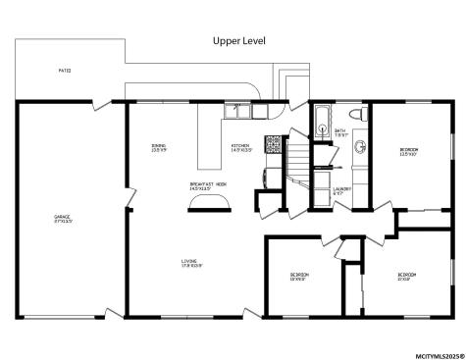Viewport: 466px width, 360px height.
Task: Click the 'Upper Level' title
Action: coord(239,40)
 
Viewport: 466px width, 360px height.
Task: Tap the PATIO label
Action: coord(65,71)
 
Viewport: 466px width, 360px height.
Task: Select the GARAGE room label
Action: coord(63,218)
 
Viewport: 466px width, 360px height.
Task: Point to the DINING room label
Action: coord(158,147)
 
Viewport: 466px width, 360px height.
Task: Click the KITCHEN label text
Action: coord(241,147)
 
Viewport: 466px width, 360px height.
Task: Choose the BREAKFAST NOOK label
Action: coord(208,184)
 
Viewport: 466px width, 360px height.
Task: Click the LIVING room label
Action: coord(191,263)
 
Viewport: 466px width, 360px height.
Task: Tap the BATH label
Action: coord(340,131)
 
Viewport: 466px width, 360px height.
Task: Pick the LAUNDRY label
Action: coord(341,190)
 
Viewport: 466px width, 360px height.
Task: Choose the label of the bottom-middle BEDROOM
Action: coord(299,276)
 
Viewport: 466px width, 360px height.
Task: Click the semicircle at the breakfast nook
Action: coord(209,202)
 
